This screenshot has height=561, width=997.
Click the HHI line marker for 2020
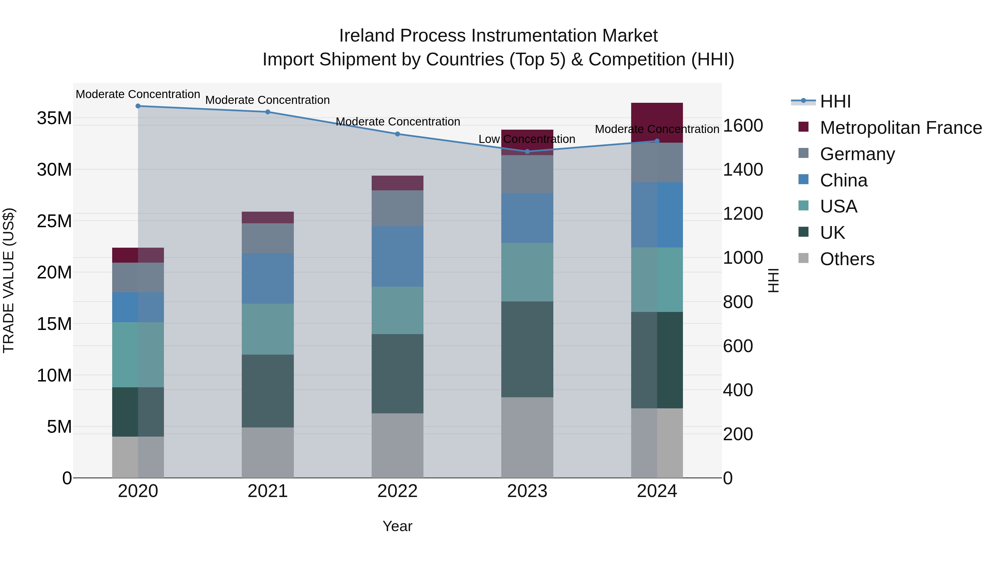pos(138,106)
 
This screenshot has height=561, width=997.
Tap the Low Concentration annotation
pos(527,139)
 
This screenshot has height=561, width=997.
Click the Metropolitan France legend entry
pos(901,128)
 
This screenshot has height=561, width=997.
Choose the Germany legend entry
pos(857,154)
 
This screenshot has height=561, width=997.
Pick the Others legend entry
pos(847,259)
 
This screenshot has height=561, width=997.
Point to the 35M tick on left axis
pos(54,118)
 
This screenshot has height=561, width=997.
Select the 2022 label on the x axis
pos(397,491)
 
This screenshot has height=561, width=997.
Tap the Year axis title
pos(397,526)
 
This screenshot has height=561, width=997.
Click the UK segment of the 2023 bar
pos(527,349)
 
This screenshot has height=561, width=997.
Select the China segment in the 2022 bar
pos(397,256)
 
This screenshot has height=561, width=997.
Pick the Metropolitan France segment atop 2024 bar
pos(657,122)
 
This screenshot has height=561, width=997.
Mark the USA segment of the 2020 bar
pos(138,355)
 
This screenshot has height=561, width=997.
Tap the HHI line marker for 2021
pos(268,112)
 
